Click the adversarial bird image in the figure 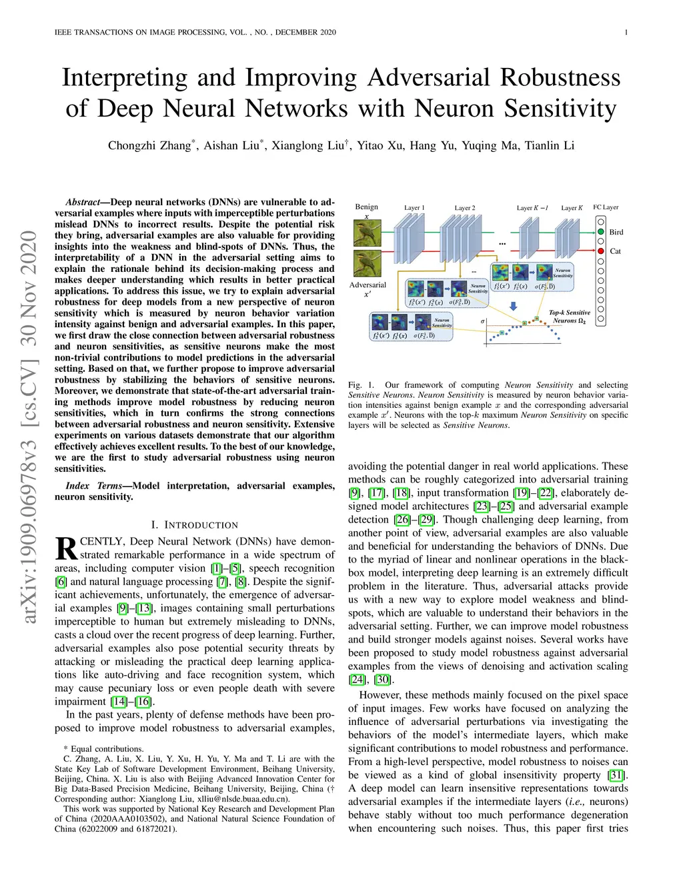pyautogui.click(x=368, y=264)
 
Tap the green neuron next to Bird pyautogui.click(x=601, y=232)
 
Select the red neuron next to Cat pyautogui.click(x=601, y=251)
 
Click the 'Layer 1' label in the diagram pyautogui.click(x=414, y=208)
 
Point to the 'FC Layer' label pyautogui.click(x=606, y=207)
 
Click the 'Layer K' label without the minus pyautogui.click(x=572, y=208)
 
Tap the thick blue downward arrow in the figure pyautogui.click(x=514, y=307)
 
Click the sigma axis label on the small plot pyautogui.click(x=483, y=322)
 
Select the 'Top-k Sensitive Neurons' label pyautogui.click(x=569, y=317)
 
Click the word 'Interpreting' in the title pyautogui.click(x=125, y=78)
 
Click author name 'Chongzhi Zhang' pyautogui.click(x=149, y=146)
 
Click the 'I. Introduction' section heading pyautogui.click(x=194, y=525)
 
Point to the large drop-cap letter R pyautogui.click(x=66, y=548)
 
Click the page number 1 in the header pyautogui.click(x=626, y=33)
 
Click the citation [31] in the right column pyautogui.click(x=615, y=775)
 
